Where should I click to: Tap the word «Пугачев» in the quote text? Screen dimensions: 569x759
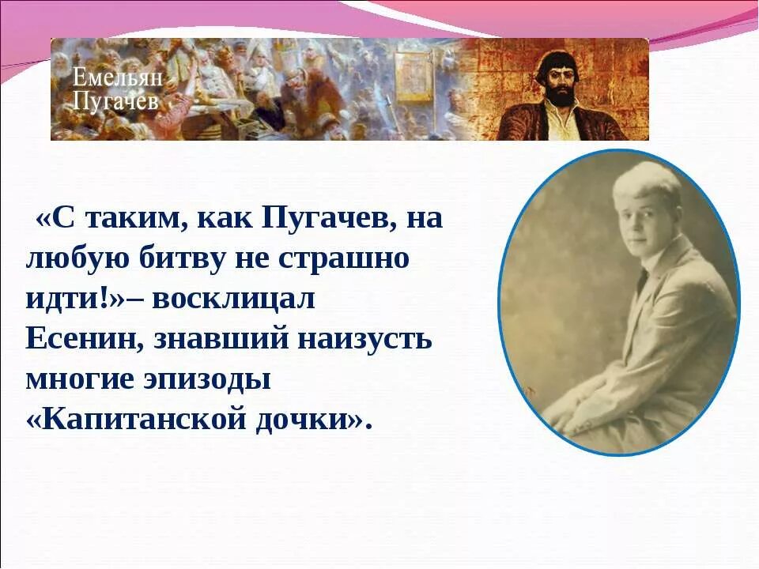(327, 219)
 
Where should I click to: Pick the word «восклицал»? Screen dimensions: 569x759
(233, 299)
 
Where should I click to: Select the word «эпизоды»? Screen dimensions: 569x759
(209, 379)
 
